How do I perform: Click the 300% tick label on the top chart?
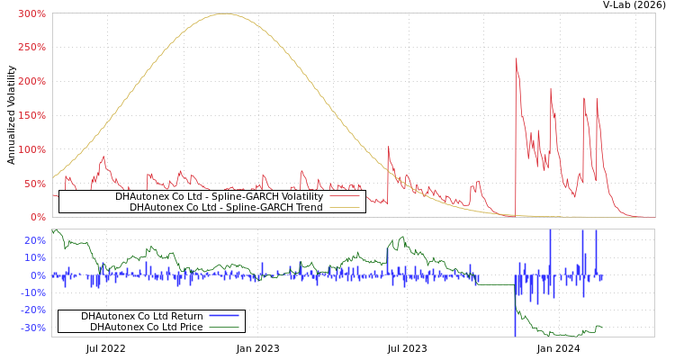(31, 14)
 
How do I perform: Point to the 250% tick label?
(31, 48)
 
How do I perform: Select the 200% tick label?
(31, 82)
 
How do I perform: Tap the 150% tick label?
(31, 116)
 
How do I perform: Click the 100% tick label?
(31, 149)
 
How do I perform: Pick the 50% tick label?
(34, 184)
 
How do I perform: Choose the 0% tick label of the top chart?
(37, 217)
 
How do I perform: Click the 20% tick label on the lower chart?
(34, 241)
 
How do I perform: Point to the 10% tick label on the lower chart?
(34, 258)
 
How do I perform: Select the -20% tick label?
(32, 310)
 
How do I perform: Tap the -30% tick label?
(32, 328)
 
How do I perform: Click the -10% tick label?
(32, 292)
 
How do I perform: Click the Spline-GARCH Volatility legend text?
(219, 196)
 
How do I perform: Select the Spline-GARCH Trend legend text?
(226, 207)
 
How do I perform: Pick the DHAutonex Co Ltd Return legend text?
(141, 316)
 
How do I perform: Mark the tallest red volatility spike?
(516, 59)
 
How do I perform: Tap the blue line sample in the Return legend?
(223, 316)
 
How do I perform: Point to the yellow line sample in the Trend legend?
(343, 207)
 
